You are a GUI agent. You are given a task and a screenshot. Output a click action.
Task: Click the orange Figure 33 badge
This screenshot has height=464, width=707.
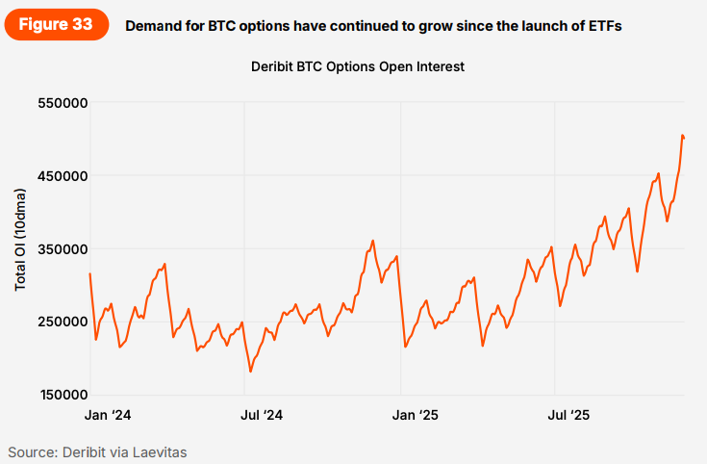(57, 25)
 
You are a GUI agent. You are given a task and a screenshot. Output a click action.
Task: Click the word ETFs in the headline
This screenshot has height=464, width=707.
(601, 26)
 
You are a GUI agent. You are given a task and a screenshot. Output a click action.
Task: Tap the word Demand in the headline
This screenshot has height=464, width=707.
(155, 26)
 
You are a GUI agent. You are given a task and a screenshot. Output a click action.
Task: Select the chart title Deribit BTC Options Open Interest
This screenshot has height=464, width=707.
(358, 67)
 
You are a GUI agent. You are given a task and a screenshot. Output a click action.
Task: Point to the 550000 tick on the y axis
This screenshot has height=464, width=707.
(63, 103)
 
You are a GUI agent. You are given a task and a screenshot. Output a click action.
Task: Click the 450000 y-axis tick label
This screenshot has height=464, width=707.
(63, 176)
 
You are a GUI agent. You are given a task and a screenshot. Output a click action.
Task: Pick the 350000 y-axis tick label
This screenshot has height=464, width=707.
(63, 249)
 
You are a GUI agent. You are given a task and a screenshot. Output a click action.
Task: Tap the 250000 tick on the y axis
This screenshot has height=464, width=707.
(63, 322)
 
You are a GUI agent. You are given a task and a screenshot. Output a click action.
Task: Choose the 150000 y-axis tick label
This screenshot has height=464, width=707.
(63, 395)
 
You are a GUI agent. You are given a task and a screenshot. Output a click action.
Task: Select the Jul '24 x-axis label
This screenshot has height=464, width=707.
(262, 416)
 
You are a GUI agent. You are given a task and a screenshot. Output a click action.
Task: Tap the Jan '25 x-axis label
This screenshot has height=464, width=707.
(417, 416)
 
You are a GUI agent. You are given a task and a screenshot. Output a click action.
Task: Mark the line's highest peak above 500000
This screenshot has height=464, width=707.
(682, 136)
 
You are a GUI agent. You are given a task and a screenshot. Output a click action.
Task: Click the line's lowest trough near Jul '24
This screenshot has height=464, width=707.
(250, 371)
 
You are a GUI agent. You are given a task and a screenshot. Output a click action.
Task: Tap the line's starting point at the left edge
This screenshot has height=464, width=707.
(89, 274)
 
